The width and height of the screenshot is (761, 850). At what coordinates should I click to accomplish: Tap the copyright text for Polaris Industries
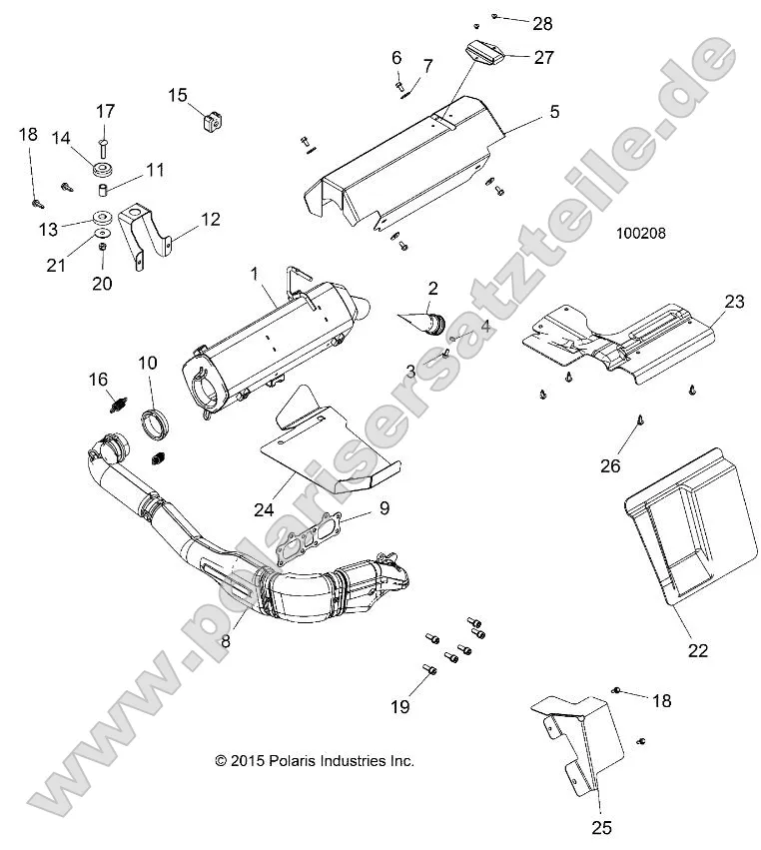[x=315, y=761]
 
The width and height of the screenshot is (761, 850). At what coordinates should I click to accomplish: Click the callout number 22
[x=697, y=650]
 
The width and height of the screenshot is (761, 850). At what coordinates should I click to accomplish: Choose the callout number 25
[x=600, y=827]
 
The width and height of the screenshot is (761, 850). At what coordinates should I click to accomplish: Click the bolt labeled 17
[x=105, y=142]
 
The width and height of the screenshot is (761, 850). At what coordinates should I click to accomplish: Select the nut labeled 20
[x=104, y=266]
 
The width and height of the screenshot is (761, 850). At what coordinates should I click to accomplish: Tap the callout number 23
[x=734, y=301]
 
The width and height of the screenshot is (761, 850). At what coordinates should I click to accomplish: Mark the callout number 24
[x=263, y=508]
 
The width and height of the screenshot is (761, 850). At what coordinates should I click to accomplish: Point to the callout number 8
[x=226, y=642]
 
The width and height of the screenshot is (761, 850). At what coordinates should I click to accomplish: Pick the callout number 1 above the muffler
[x=255, y=272]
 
